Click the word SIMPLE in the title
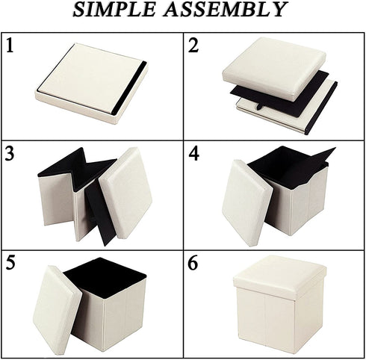[x=114, y=10]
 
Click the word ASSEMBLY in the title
[x=226, y=10]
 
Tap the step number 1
[x=10, y=45]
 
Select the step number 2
[x=193, y=45]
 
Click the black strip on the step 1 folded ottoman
[x=129, y=87]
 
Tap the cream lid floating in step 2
[x=274, y=69]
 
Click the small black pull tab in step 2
[x=259, y=106]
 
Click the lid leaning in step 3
[x=125, y=193]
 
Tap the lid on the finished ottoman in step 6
[x=280, y=275]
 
